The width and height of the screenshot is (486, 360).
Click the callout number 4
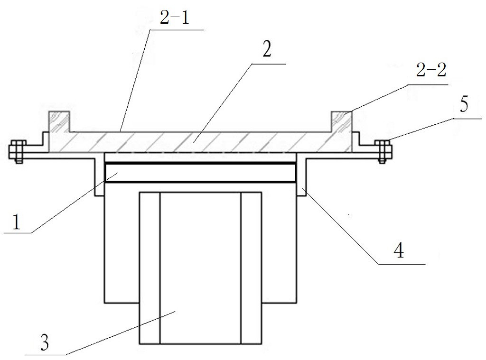(399, 250)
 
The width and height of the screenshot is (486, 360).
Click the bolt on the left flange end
(17, 151)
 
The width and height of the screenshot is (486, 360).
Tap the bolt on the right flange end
(384, 151)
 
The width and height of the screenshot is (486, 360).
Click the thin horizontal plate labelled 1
(200, 173)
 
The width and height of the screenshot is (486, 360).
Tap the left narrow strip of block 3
(149, 268)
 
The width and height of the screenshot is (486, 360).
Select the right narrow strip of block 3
(251, 268)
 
